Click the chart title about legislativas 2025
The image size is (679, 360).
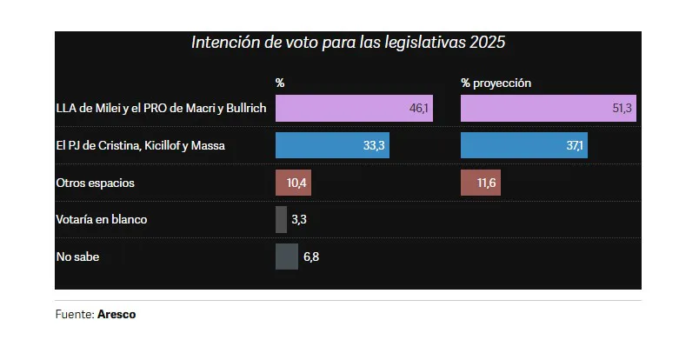click(x=348, y=42)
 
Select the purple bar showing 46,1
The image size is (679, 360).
click(x=355, y=108)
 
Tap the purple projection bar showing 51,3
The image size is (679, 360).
click(x=549, y=108)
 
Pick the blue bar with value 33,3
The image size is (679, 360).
click(x=332, y=145)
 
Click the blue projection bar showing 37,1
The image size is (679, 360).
click(x=523, y=145)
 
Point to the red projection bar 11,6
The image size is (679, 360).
click(x=481, y=183)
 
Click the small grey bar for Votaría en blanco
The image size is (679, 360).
click(x=281, y=219)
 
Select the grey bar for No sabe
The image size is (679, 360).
click(x=286, y=257)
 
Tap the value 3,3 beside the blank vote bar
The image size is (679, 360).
click(x=299, y=219)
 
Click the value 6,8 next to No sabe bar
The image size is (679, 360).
click(x=310, y=257)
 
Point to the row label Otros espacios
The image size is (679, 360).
click(x=95, y=183)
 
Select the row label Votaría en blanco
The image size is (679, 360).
click(x=101, y=219)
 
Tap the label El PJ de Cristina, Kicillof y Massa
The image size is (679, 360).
click(x=140, y=145)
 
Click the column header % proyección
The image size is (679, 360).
click(x=496, y=83)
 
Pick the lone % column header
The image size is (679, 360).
click(x=280, y=83)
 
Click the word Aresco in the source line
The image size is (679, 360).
click(x=116, y=315)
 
